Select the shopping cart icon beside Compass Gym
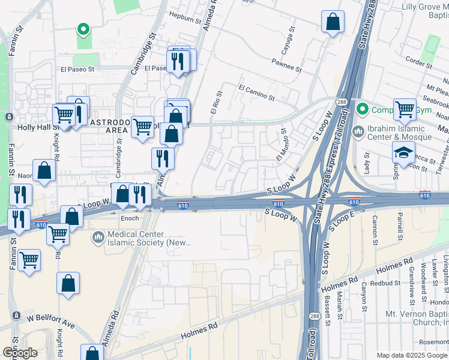[405, 109]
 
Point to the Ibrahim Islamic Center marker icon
[358, 131]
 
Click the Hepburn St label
[184, 20]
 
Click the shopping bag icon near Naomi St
[44, 170]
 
